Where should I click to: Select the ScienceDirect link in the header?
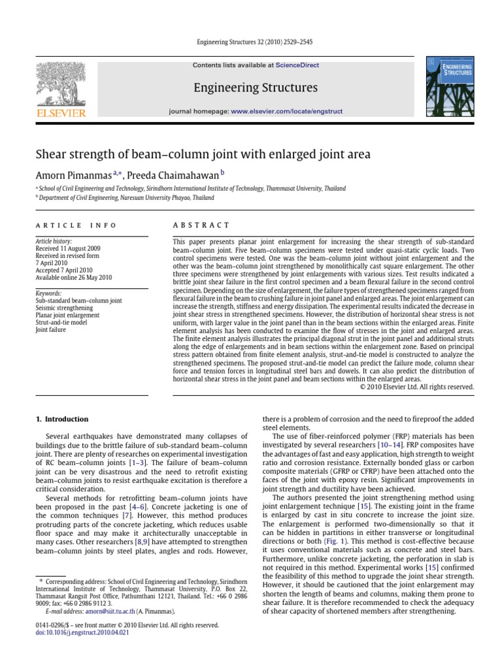pos(293,65)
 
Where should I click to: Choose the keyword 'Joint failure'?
pos(51,330)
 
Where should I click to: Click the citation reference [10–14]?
pos(380,444)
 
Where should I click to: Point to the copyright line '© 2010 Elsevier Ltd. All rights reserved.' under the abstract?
pos(417,386)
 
